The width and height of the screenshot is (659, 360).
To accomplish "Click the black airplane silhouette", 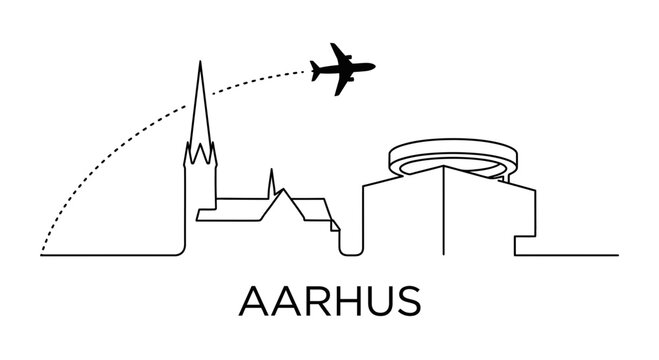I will [341, 69].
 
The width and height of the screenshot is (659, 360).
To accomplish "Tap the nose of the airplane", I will [373, 68].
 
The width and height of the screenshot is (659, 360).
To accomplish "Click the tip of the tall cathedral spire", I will [200, 63].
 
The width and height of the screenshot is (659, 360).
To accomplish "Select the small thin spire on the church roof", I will [270, 180].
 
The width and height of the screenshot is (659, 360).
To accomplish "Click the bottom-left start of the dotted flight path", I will [43, 253].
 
